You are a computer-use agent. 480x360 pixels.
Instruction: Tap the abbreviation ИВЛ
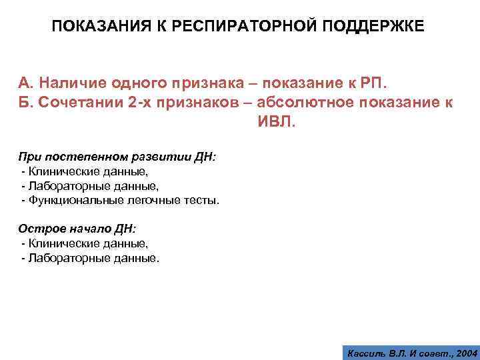(x=272, y=123)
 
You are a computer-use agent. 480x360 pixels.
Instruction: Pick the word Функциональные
(x=67, y=200)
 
